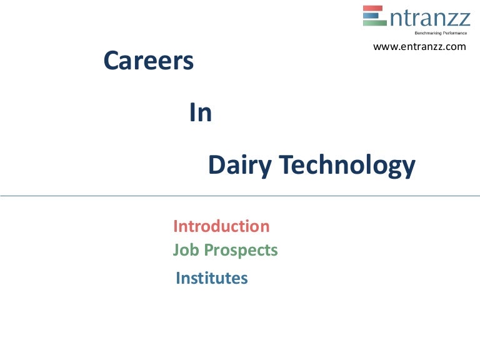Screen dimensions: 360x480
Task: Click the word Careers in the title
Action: [x=148, y=61]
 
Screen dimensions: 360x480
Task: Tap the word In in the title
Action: [x=200, y=113]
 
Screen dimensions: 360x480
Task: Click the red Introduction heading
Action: [x=221, y=226]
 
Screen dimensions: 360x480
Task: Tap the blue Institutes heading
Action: [x=212, y=278]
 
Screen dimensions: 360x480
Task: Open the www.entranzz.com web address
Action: [x=419, y=46]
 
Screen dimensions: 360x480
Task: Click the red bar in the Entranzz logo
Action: [x=374, y=9]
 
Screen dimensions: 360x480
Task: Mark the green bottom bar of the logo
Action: [x=374, y=22]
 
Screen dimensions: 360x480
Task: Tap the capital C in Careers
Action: [x=112, y=61]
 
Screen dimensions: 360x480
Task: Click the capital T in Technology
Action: [x=286, y=166]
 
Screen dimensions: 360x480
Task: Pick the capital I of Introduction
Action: [x=176, y=226]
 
